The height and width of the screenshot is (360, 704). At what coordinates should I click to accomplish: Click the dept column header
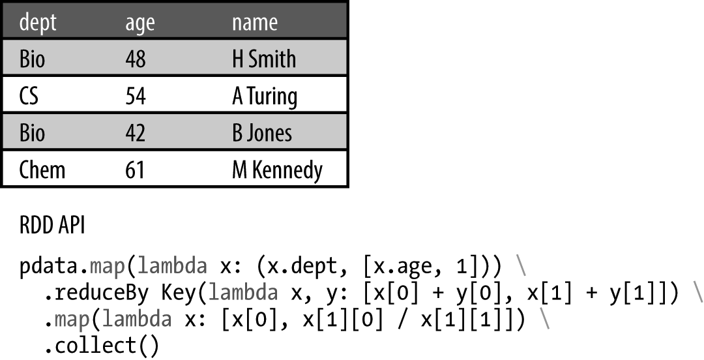(38, 23)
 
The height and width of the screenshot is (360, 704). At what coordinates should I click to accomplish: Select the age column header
(140, 23)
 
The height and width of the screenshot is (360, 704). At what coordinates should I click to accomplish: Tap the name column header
(255, 23)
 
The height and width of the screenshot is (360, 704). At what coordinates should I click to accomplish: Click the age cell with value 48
(136, 59)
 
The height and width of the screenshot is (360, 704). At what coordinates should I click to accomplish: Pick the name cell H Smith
(264, 59)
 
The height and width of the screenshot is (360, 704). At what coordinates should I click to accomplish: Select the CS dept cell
(29, 97)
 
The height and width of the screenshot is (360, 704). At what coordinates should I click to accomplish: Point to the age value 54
(136, 97)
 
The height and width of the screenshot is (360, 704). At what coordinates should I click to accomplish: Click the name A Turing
(265, 97)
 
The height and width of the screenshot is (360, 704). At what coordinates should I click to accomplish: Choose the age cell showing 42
(136, 133)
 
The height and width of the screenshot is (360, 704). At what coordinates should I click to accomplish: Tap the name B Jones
(262, 133)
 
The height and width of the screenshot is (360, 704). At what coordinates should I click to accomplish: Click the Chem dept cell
(42, 170)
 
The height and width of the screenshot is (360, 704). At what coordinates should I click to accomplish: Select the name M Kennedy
(277, 170)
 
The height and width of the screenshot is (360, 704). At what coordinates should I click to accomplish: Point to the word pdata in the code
(51, 267)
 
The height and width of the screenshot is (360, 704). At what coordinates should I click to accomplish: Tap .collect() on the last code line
(101, 346)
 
